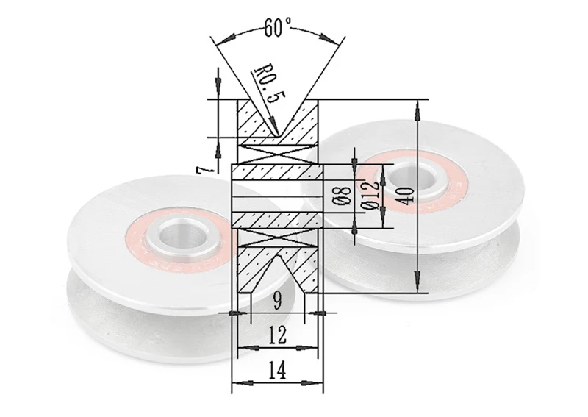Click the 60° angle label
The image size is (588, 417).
click(x=278, y=27)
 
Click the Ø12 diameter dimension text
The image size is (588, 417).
click(x=370, y=196)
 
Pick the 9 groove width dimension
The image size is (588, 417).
click(x=277, y=300)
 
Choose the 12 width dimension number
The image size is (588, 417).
click(x=278, y=335)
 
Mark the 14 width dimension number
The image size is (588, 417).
click(x=278, y=370)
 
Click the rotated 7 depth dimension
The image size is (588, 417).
click(x=204, y=170)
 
